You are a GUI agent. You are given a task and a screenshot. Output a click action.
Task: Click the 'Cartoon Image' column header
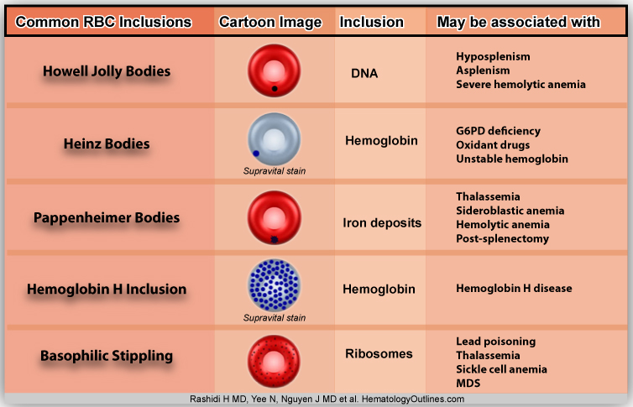coord(268,22)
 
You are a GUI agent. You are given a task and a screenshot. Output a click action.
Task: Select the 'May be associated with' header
coord(518,22)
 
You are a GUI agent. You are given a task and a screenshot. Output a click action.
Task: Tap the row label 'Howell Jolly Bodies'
coord(107,71)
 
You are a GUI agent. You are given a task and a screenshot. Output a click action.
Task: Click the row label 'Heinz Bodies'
coord(107,143)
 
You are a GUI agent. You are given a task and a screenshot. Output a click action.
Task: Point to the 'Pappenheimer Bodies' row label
coord(107,217)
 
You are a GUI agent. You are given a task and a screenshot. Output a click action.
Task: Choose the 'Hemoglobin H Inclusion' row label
coord(107,290)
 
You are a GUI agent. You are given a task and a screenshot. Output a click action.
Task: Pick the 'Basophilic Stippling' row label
coord(107,356)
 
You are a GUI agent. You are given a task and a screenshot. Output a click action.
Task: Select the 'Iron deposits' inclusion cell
coord(382,222)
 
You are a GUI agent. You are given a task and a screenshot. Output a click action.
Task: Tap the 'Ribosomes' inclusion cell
coord(379,353)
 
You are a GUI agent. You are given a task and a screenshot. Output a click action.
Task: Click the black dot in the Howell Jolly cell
coord(275,87)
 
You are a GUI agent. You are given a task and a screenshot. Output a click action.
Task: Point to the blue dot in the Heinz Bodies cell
coord(256,153)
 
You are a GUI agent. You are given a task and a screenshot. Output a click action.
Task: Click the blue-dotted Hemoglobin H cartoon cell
coord(274,284)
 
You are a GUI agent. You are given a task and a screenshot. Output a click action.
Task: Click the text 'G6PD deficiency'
coord(498,131)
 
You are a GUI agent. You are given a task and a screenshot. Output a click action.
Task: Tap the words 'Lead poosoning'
coord(495,342)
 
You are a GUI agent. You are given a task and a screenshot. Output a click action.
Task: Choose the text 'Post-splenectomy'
coord(502,238)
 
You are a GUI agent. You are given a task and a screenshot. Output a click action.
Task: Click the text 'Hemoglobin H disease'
coord(514,289)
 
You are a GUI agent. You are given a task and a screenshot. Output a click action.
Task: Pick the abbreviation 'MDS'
coord(469,383)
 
